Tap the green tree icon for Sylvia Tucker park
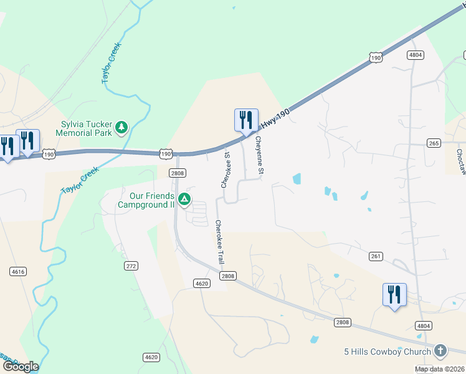(x=121, y=128)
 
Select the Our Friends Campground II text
(x=146, y=200)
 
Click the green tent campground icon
(x=184, y=199)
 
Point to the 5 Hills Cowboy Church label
(x=388, y=352)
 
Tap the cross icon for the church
(x=441, y=351)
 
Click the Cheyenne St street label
(x=259, y=155)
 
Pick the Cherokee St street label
(x=226, y=170)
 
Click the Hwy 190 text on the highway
(x=277, y=118)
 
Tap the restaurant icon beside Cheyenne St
(x=245, y=120)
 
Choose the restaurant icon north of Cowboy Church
(x=394, y=294)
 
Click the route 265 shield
(x=434, y=143)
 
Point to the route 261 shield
(x=375, y=256)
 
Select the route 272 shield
(x=131, y=266)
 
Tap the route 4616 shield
(x=17, y=271)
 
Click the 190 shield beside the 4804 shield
(x=375, y=57)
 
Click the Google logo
(x=20, y=367)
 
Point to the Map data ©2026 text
(x=440, y=369)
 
